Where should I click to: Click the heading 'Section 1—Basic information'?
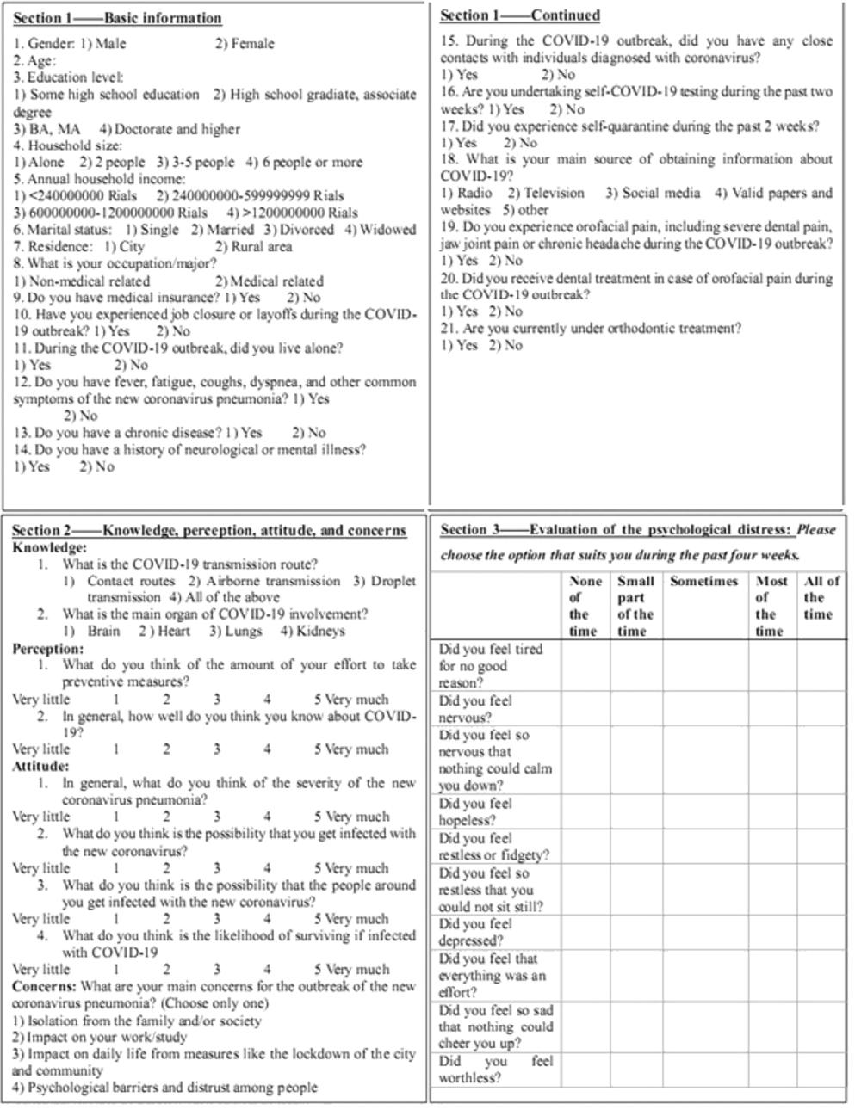[118, 18]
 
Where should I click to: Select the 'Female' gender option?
[245, 43]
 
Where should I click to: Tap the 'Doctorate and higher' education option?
[170, 129]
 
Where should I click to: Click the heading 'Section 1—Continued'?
[520, 15]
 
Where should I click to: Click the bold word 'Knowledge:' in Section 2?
[49, 547]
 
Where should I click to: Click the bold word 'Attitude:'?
[40, 766]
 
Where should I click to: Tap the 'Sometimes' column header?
[703, 581]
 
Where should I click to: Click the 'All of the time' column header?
[821, 597]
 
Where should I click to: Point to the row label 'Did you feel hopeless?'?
[475, 811]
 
